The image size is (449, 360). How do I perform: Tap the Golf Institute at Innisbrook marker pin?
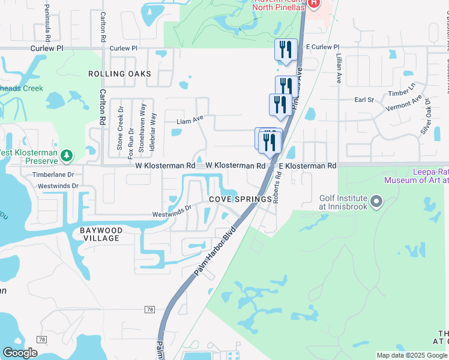pos(376,201)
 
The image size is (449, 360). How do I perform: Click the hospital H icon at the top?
pos(313,4)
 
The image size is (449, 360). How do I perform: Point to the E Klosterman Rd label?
pos(307,165)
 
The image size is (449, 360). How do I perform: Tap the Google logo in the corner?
pos(20,353)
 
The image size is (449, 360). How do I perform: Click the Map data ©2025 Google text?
pos(411,355)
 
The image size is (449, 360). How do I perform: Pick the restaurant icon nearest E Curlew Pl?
pos(285,50)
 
